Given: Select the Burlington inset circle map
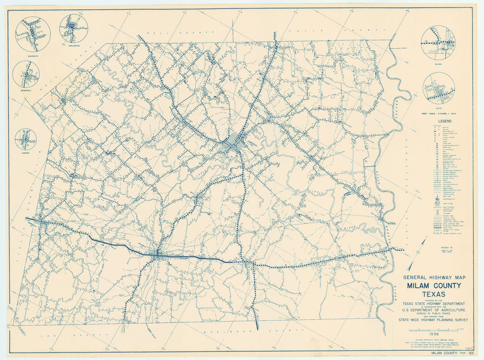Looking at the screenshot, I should coord(73,29).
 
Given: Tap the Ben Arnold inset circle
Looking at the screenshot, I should coord(26,74).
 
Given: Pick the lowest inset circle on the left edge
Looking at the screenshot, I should coord(26,139).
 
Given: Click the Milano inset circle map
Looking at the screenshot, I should coord(438,43).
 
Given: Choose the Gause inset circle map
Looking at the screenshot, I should coord(439,88).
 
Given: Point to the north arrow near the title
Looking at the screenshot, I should coord(422,247).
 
